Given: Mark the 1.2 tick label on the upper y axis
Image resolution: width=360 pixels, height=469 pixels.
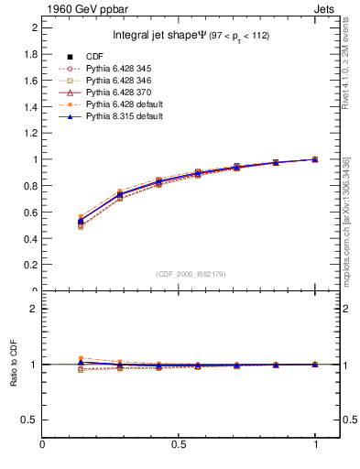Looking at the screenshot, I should click(x=32, y=133).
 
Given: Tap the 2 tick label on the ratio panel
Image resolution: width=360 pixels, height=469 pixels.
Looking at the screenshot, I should click(x=35, y=309).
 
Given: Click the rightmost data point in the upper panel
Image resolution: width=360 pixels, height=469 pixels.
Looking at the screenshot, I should click(x=315, y=159).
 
